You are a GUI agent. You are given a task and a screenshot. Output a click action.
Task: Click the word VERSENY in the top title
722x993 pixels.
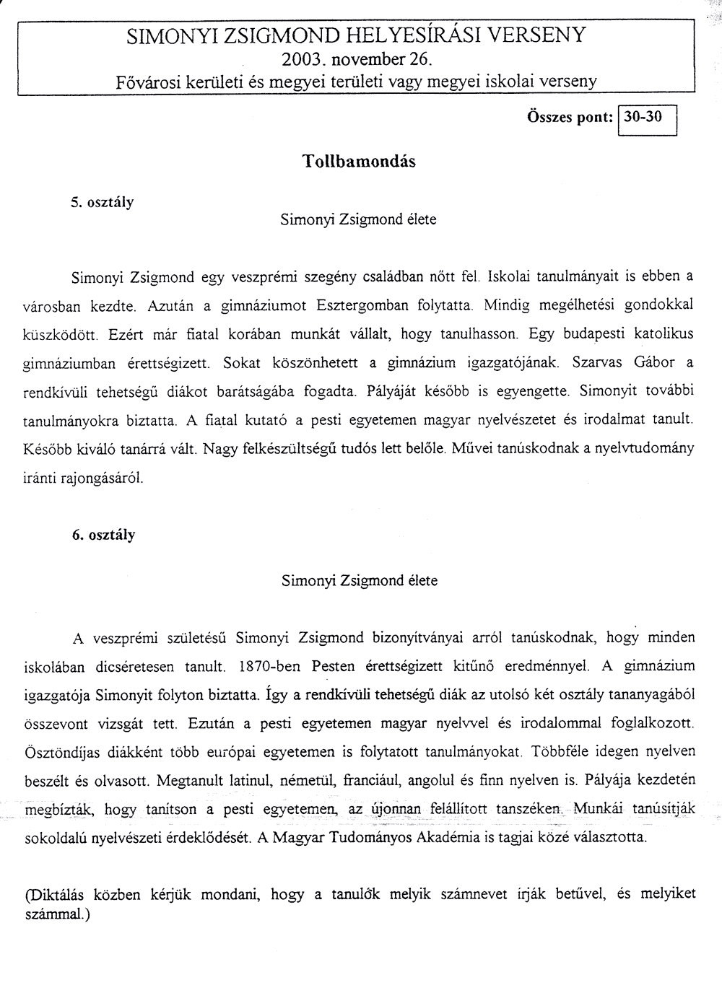tap(537, 35)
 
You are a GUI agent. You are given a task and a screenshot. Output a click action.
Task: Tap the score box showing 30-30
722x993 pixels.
tap(643, 118)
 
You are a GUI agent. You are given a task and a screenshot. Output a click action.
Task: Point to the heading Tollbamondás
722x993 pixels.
tap(358, 162)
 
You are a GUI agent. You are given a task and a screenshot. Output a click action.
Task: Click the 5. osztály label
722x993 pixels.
tap(103, 202)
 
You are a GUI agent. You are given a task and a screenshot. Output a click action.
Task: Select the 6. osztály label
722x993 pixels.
tap(103, 535)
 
